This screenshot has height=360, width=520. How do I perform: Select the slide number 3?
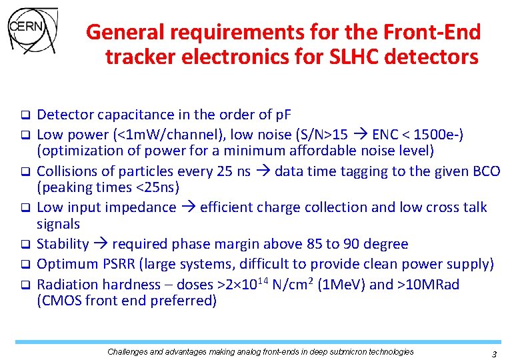click(x=494, y=354)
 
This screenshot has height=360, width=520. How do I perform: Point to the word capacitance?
click(x=129, y=114)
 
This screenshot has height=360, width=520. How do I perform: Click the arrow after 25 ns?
click(x=264, y=171)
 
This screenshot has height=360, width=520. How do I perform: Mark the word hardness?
click(x=129, y=285)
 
